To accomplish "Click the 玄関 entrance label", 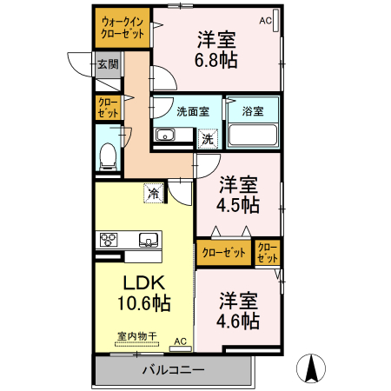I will (x=107, y=64).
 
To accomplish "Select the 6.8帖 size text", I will (x=217, y=61).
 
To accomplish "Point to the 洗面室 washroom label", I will (x=192, y=111).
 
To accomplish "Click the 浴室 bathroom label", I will (x=252, y=111).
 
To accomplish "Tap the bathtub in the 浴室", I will (x=252, y=136).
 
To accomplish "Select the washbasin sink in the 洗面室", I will (x=165, y=136).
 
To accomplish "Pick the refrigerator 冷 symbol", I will (x=153, y=193).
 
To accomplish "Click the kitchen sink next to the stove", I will (x=145, y=240).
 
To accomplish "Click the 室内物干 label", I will (x=136, y=336).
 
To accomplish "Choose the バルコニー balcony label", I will (x=173, y=370).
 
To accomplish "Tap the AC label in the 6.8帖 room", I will (x=266, y=19).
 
